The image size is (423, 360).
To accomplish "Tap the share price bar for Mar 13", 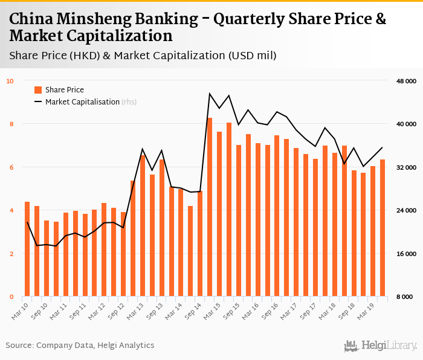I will pyautogui.click(x=143, y=226).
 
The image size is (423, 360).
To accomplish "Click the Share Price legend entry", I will pyautogui.click(x=64, y=90).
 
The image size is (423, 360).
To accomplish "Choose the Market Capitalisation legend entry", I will pyautogui.click(x=82, y=102).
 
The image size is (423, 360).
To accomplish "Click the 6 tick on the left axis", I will pyautogui.click(x=11, y=167).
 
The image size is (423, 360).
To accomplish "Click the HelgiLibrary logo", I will pyautogui.click(x=380, y=346).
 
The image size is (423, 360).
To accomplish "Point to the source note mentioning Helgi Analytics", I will pyautogui.click(x=80, y=346).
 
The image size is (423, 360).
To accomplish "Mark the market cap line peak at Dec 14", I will pyautogui.click(x=210, y=94).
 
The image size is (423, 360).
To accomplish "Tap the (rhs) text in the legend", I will pyautogui.click(x=129, y=102).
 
